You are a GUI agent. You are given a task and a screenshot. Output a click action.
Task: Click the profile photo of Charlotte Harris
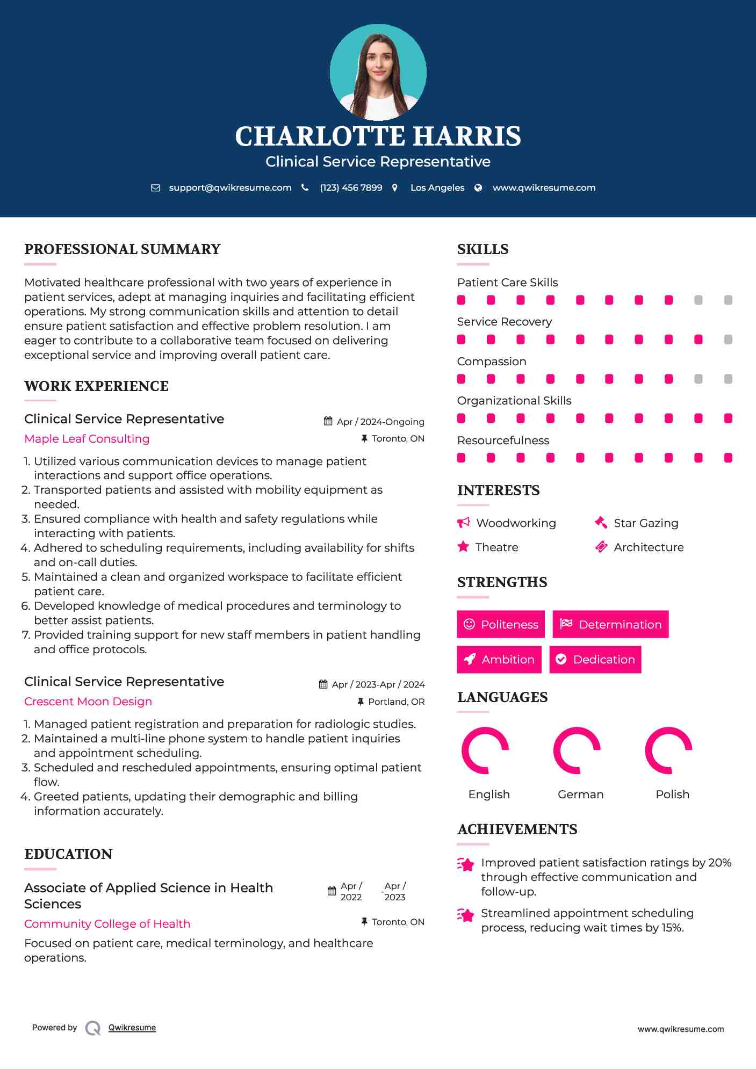coord(378,72)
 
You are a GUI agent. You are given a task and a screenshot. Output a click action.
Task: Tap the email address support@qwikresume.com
coord(230,187)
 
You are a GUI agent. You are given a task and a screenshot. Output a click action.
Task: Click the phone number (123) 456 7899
coord(351,187)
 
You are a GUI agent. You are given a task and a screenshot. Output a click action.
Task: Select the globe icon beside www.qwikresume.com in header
coord(478,187)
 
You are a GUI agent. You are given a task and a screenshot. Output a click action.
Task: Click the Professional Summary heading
coord(123,249)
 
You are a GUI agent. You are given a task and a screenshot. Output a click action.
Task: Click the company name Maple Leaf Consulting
coord(87,439)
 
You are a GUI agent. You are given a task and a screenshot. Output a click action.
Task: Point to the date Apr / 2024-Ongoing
coord(380,422)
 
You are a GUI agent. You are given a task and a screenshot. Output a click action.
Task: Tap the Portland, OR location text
coord(396,702)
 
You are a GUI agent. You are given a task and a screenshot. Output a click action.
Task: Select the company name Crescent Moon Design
coord(88,702)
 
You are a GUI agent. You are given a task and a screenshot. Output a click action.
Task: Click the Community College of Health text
coord(107,924)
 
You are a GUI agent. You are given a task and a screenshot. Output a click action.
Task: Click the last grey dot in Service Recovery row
coord(728,340)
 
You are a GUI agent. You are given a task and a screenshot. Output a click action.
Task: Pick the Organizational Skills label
coord(514,401)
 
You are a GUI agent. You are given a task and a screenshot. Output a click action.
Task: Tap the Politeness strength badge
coord(501,624)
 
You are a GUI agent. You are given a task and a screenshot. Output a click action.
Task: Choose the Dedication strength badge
coord(595,660)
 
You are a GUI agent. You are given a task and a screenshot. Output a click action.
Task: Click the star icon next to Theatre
coord(463,547)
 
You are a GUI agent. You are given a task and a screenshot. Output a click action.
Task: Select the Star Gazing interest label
coord(646,523)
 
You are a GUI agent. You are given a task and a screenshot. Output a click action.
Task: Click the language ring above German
coord(577,750)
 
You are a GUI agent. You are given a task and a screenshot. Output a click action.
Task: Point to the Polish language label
coord(672,794)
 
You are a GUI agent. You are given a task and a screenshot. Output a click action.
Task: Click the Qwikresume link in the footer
coord(132,1028)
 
